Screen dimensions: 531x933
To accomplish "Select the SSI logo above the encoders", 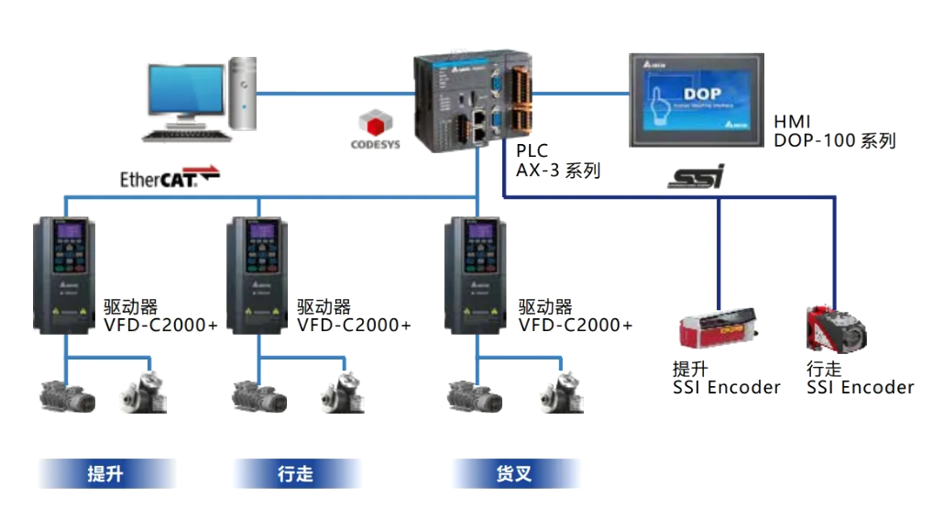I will [696, 176].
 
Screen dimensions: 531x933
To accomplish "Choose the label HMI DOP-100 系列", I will [833, 131].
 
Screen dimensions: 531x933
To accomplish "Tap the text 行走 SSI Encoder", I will [859, 378].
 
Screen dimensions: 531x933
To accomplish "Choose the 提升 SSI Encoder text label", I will [726, 378].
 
